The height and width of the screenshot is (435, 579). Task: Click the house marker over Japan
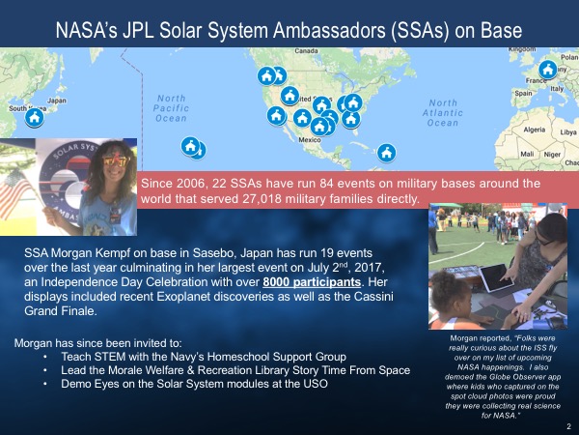point(35,118)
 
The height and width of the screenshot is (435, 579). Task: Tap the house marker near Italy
point(547,70)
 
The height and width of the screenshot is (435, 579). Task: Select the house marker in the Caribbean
point(386,153)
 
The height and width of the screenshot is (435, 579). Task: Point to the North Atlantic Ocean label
point(443,113)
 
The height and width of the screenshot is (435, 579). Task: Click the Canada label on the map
point(307,49)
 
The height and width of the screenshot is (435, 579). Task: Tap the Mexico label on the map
point(309,140)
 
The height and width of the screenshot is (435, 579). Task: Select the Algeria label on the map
point(534,129)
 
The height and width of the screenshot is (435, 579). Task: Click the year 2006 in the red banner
point(202,183)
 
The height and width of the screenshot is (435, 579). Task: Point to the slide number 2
point(568,426)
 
